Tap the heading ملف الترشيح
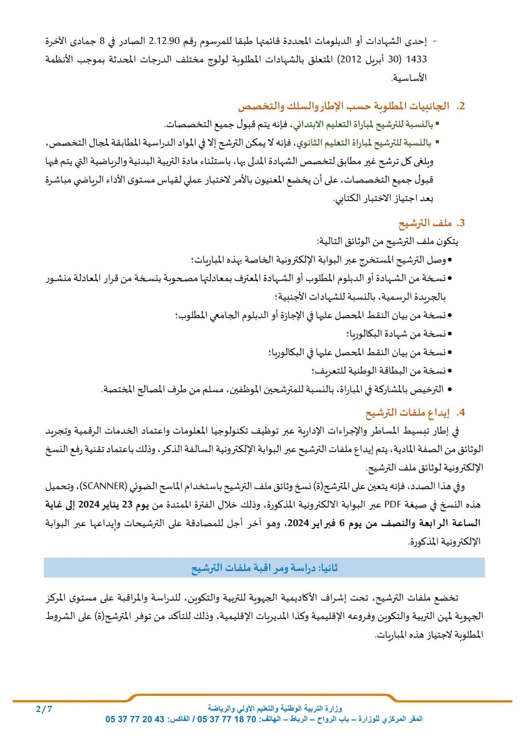click(x=425, y=223)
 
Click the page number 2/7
click(x=44, y=709)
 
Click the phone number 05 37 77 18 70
click(x=227, y=719)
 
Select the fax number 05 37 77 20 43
click(x=135, y=719)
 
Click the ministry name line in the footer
click(x=275, y=708)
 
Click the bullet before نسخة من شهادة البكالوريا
click(x=450, y=334)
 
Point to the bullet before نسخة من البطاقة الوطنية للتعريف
click(x=450, y=371)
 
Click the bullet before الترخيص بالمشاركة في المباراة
click(x=450, y=389)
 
